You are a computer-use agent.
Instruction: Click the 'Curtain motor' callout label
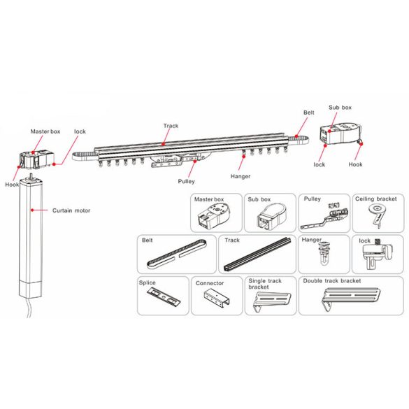(71, 210)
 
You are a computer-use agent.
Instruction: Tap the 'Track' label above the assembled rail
(171, 126)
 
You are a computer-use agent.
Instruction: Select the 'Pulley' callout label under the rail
(186, 181)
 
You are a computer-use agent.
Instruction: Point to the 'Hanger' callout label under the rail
(241, 176)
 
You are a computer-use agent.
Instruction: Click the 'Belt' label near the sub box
(309, 113)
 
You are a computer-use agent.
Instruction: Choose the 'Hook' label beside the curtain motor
(12, 185)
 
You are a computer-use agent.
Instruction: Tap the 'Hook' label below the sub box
(355, 164)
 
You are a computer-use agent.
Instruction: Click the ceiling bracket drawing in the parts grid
(377, 215)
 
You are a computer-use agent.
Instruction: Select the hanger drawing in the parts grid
(324, 253)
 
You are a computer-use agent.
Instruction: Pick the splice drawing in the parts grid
(164, 296)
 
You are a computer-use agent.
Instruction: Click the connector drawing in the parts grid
(217, 298)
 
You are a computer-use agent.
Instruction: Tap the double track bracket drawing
(351, 299)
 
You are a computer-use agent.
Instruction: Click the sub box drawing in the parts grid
(272, 217)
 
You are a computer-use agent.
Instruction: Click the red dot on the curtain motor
(32, 210)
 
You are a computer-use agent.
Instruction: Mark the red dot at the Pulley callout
(195, 161)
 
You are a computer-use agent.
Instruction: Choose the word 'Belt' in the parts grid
(147, 241)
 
